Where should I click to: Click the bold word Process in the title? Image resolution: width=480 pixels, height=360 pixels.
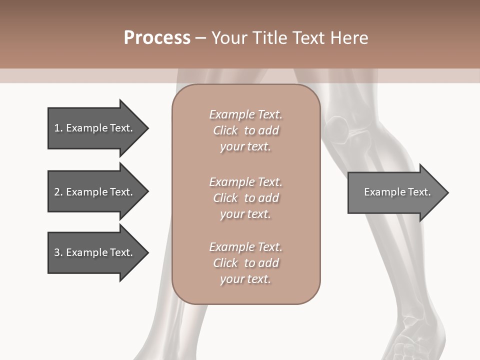[157, 38]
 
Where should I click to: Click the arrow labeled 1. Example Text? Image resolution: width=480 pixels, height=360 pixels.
[98, 128]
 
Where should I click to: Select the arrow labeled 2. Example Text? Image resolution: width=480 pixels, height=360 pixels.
[98, 191]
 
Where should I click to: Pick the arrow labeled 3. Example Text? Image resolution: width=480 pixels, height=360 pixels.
[98, 252]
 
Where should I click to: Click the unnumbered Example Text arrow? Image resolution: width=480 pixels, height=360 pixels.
[398, 192]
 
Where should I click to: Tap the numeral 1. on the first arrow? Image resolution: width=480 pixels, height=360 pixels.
[58, 128]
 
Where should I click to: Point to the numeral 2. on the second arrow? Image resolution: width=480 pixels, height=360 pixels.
[58, 192]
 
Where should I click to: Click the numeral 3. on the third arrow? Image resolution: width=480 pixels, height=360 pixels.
[58, 252]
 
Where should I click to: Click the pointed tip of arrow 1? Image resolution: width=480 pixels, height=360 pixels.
[148, 128]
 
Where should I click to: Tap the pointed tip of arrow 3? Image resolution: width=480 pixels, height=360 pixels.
[148, 252]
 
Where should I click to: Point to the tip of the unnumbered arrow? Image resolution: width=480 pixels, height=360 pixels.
[448, 192]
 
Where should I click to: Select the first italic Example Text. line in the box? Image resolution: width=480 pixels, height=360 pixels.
[246, 114]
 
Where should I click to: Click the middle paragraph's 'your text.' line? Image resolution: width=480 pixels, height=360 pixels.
[245, 214]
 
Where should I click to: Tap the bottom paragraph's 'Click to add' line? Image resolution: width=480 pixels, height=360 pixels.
[246, 263]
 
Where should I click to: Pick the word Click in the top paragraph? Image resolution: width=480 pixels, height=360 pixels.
[225, 130]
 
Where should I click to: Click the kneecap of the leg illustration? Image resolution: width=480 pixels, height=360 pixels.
[336, 129]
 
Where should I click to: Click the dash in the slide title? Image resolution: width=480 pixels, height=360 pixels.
[201, 38]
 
